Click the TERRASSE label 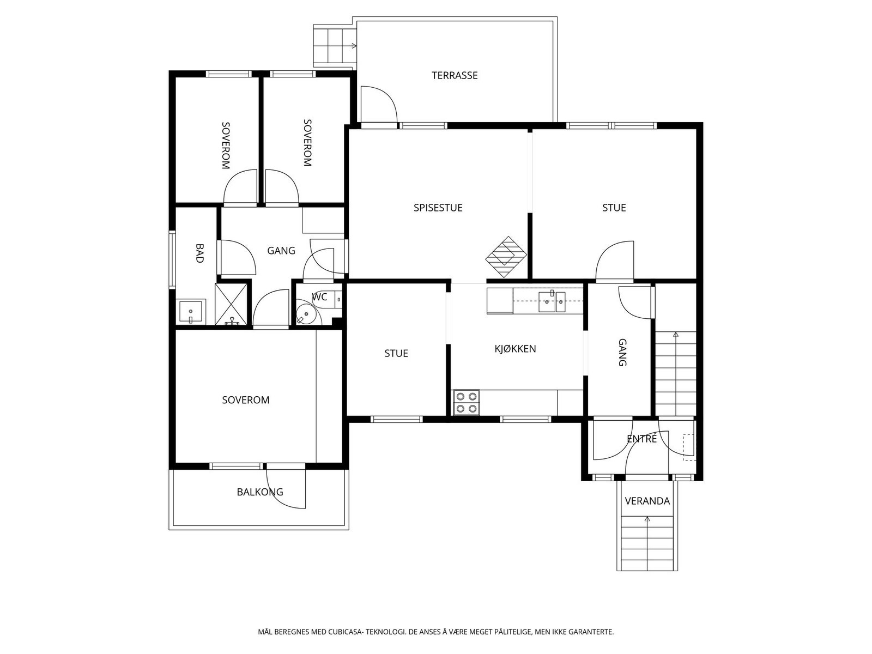click(455, 75)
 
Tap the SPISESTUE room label click(438, 208)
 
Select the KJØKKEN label click(515, 349)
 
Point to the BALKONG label click(260, 492)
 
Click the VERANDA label click(647, 501)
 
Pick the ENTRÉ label click(641, 438)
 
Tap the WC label click(319, 296)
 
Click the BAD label click(199, 253)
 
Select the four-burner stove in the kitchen click(467, 403)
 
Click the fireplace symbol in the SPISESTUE click(506, 257)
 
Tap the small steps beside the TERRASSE click(335, 46)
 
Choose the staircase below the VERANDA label click(647, 542)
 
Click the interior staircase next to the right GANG click(676, 374)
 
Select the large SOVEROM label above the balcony click(245, 400)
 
